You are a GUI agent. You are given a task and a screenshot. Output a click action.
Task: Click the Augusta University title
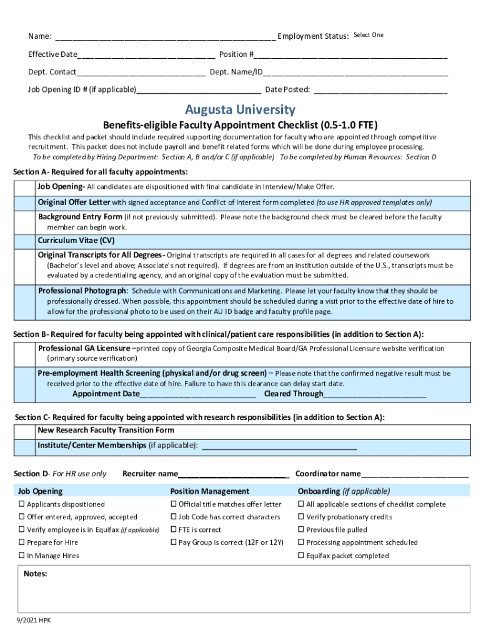240,110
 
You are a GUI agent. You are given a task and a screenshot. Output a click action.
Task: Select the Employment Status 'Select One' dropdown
369,35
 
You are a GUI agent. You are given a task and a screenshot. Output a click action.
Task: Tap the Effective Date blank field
147,54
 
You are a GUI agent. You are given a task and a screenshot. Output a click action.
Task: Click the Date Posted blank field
380,90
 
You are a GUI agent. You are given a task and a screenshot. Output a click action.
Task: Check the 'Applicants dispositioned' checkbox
21,504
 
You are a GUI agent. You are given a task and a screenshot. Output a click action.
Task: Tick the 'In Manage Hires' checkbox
21,556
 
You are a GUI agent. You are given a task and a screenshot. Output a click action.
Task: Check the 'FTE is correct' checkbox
174,530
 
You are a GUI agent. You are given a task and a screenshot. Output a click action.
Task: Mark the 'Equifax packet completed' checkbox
301,556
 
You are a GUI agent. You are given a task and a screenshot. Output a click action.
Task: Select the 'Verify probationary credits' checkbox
301,517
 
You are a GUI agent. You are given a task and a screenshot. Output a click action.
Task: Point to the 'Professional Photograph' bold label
82,291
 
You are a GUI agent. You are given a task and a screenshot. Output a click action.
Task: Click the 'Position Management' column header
209,491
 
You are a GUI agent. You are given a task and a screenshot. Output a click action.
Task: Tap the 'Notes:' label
35,573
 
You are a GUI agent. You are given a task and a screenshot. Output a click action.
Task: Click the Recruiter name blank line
232,474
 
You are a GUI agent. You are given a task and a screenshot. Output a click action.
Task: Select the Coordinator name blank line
415,474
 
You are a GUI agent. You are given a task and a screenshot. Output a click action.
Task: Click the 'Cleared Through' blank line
375,394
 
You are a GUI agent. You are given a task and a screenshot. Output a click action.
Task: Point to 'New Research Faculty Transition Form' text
106,431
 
